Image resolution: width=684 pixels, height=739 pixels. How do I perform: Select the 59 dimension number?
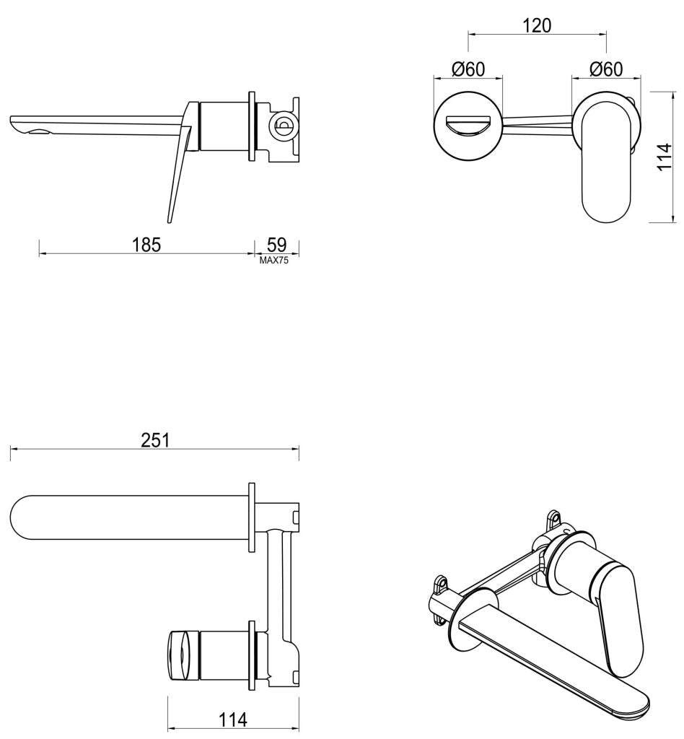[x=276, y=244]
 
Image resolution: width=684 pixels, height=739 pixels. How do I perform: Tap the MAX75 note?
[x=274, y=261]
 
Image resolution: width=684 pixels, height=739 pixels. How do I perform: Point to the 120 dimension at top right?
[x=536, y=25]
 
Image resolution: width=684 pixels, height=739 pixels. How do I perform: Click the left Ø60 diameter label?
[x=468, y=69]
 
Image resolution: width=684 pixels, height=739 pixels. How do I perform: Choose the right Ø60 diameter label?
[x=605, y=69]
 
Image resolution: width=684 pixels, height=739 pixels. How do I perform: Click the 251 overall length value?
[x=155, y=440]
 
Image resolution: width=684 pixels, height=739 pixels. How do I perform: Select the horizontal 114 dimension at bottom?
[x=232, y=719]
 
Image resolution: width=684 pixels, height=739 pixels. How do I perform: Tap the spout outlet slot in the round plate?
[x=468, y=126]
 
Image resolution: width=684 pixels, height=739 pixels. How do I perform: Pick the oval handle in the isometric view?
[x=617, y=610]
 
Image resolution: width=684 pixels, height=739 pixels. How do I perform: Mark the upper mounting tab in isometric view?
[x=554, y=519]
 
